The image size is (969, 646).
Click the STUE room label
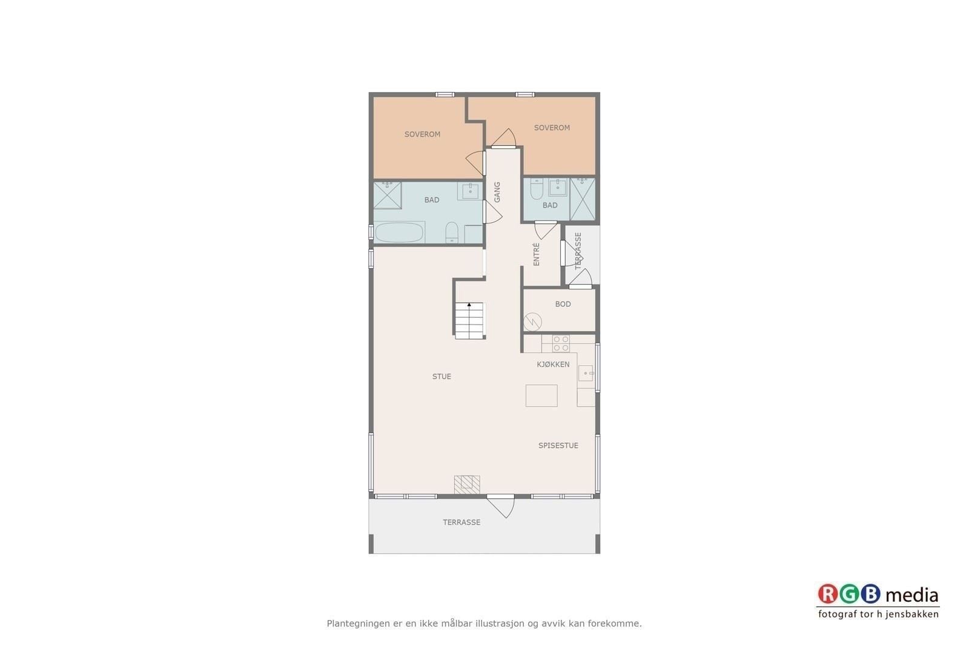442,377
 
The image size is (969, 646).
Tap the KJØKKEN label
553,364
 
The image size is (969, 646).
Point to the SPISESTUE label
558,446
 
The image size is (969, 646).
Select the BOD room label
563,304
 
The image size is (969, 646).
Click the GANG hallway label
497,192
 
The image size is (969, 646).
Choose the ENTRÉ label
537,254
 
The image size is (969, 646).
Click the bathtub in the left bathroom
399,232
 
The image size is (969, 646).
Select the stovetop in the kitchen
561,344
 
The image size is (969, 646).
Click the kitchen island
541,395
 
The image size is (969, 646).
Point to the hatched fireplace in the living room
467,484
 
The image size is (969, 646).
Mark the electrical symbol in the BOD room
532,321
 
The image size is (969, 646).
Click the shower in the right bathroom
582,199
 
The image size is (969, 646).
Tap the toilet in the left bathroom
452,232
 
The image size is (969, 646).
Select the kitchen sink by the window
586,373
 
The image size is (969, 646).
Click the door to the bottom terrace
501,506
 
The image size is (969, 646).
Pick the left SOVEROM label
422,134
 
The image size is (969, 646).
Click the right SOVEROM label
552,128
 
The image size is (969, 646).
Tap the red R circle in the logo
828,594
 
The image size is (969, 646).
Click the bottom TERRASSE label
461,522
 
